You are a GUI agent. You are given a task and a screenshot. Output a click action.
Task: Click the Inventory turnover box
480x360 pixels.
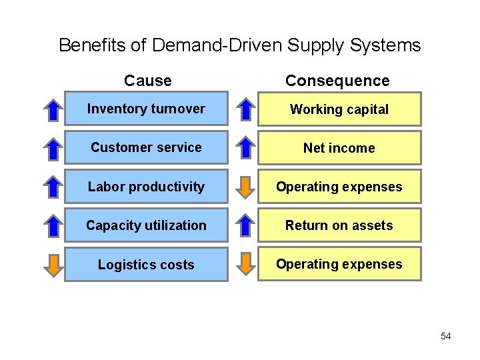146,109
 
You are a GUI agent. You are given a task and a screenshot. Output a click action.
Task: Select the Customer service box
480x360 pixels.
146,147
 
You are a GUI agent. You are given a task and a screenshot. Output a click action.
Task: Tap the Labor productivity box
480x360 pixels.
146,187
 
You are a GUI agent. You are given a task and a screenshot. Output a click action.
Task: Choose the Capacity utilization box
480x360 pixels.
146,225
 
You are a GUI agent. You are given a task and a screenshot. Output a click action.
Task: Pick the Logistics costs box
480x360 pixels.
146,265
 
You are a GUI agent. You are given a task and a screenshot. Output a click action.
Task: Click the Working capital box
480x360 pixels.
339,109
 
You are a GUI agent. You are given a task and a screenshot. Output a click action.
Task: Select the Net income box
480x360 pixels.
339,148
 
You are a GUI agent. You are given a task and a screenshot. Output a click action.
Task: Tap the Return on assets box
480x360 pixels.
339,225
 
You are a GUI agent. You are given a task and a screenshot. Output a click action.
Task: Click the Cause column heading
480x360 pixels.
148,81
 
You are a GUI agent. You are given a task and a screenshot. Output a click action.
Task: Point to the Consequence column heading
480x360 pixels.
337,81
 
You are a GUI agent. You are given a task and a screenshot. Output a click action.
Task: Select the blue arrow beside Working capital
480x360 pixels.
247,109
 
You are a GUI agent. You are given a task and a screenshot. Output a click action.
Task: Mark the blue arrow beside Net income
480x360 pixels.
247,148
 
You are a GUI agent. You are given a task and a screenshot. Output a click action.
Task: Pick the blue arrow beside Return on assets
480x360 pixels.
247,225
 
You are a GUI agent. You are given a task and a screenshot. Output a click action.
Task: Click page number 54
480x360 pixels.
446,336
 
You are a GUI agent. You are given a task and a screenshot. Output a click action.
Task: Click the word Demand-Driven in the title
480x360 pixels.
217,45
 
